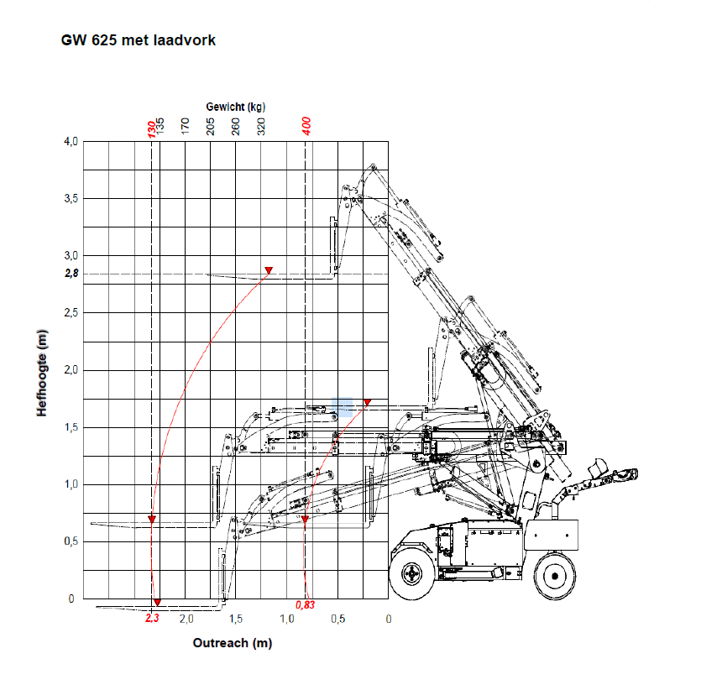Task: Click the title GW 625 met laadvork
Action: coord(139,40)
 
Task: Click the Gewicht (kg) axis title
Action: coord(236,107)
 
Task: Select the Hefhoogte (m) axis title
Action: coord(41,373)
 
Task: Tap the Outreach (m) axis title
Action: coord(233,643)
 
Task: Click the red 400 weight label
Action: coord(306,127)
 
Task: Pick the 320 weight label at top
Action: coord(261,127)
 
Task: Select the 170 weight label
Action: coord(186,127)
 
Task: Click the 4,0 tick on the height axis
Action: coord(71,142)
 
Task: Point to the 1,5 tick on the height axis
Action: coord(71,427)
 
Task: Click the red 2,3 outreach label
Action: coord(152,619)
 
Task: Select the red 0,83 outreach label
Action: coord(306,605)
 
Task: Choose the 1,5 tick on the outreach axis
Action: coord(236,619)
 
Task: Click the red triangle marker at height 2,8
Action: coord(269,270)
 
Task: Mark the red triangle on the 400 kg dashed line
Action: coord(305,520)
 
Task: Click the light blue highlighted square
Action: coord(342,407)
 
